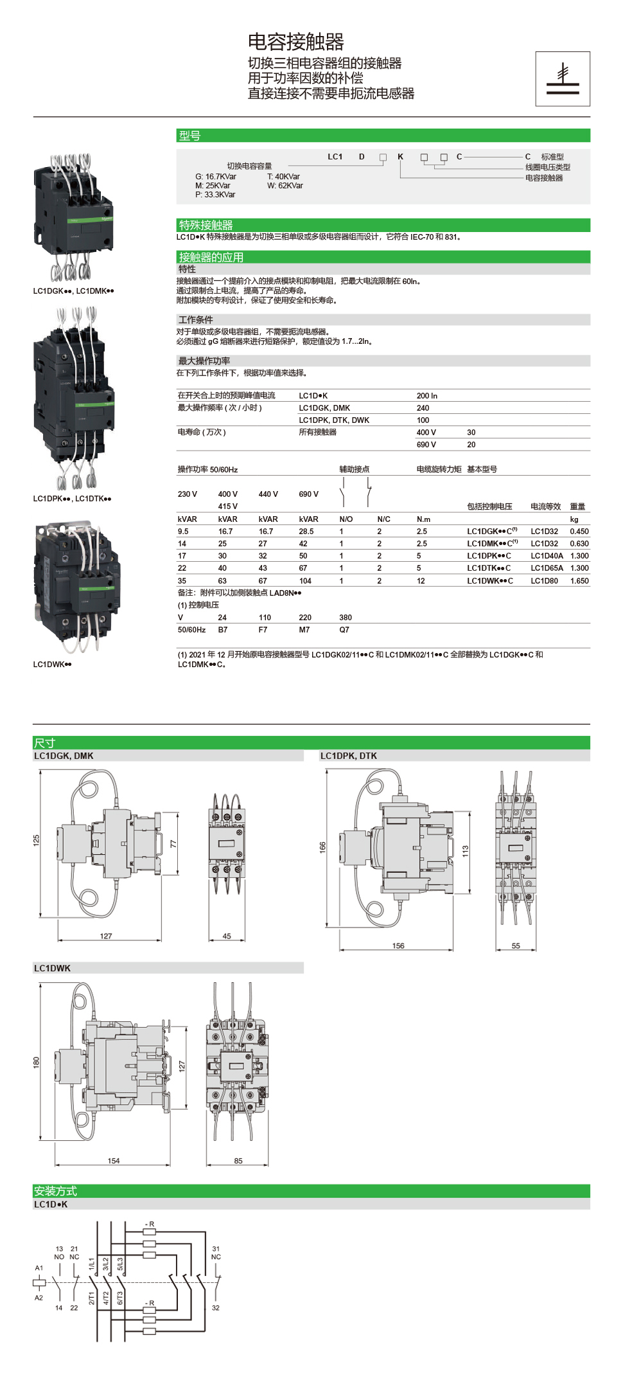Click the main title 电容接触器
click(x=296, y=42)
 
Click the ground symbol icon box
click(x=563, y=79)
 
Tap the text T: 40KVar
click(x=283, y=177)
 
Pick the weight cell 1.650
click(x=579, y=581)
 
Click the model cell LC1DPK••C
click(x=489, y=556)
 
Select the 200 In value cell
click(x=427, y=396)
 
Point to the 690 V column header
click(x=308, y=494)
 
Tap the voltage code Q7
click(x=344, y=630)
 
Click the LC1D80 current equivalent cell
click(x=544, y=581)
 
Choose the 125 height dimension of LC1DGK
click(x=37, y=840)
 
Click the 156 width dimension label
click(x=398, y=945)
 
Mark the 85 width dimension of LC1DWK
click(x=238, y=1161)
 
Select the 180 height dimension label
click(x=37, y=1062)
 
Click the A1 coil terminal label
click(x=39, y=1268)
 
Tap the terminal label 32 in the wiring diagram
click(x=216, y=1307)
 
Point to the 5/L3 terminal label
click(x=120, y=1264)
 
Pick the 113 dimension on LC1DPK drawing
click(x=466, y=850)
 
